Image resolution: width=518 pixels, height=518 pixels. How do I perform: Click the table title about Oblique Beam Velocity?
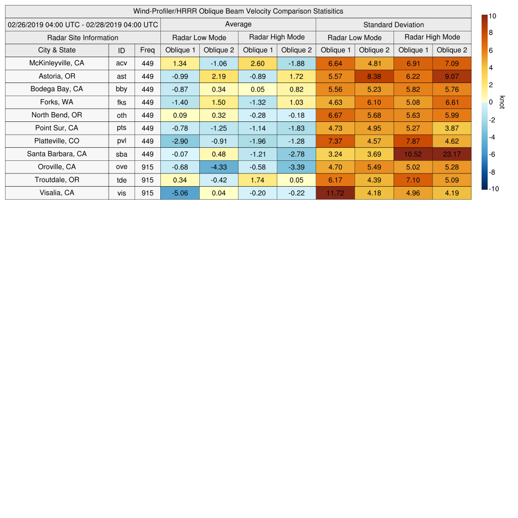pos(238,11)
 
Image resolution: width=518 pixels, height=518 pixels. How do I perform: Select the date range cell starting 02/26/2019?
pos(83,24)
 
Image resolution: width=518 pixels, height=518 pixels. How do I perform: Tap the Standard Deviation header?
pos(394,24)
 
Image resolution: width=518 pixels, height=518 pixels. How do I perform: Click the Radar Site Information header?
pos(83,37)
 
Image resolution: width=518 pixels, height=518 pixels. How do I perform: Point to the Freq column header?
pos(148,50)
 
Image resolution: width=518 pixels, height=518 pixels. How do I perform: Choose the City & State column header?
pos(57,50)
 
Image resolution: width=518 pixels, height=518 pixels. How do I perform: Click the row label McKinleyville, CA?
pos(57,63)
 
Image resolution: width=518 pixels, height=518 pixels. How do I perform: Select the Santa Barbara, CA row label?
pos(57,154)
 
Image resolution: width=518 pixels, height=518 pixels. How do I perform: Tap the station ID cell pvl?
pos(121,141)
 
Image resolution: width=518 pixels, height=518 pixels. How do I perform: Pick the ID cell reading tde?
pos(121,180)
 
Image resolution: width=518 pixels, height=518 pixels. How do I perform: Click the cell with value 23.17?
pos(452,154)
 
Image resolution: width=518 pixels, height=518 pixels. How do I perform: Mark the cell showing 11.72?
pos(335,193)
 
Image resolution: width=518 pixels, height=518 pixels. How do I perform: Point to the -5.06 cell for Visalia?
pos(180,193)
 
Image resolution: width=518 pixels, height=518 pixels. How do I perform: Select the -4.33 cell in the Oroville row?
pos(219,167)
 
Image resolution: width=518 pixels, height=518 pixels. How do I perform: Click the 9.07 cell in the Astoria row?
pos(452,76)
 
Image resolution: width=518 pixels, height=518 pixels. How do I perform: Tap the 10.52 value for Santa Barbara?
pos(413,154)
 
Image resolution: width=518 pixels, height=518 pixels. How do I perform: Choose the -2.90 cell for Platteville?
pos(180,141)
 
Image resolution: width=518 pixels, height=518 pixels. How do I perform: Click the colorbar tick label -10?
pos(494,189)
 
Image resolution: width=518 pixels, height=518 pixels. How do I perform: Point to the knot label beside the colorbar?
pos(502,102)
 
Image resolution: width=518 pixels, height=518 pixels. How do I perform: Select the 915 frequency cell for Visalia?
pos(148,193)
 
